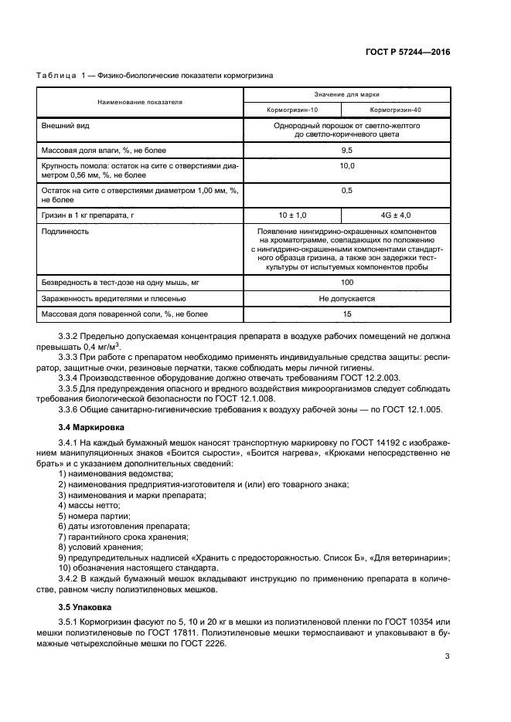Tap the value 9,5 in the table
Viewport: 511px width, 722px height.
(346, 150)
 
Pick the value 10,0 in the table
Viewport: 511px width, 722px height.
(346, 166)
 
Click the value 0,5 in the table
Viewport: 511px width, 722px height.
(346, 190)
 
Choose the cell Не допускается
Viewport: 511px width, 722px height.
(346, 298)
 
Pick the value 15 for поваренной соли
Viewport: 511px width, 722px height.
(346, 314)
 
